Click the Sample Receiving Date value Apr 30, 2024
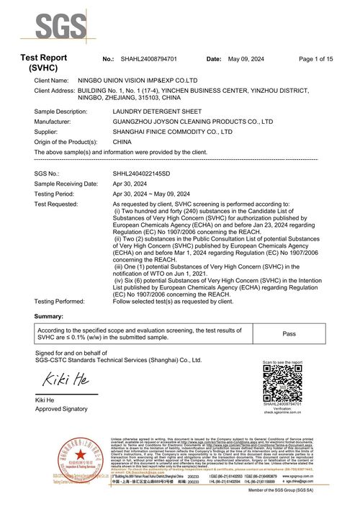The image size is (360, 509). tap(134, 184)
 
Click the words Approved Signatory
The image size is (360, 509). tap(62, 408)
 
